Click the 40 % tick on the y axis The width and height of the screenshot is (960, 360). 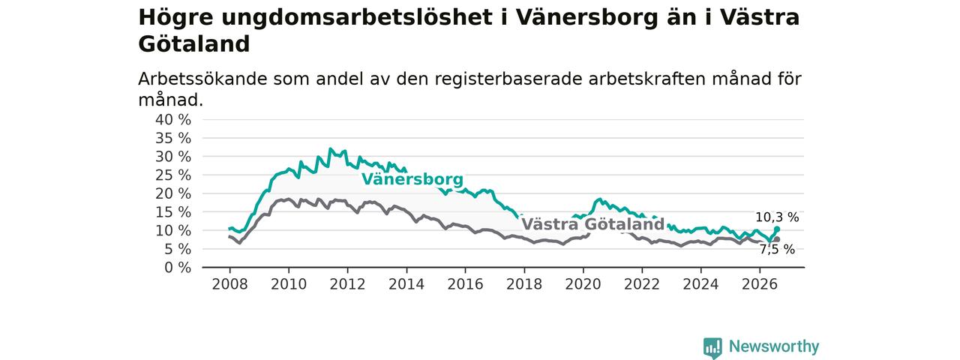(173, 120)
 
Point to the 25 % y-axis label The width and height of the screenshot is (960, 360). (173, 175)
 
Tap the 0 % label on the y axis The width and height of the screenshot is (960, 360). (178, 268)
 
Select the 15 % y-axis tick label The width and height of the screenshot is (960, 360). (173, 212)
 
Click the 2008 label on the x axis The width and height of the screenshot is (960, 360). (229, 284)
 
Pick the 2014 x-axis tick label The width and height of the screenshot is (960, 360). (406, 284)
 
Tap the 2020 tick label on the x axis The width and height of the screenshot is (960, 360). (583, 284)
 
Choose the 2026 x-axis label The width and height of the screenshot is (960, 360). (760, 284)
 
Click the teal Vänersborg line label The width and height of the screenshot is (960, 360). (412, 179)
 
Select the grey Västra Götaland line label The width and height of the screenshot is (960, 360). (593, 224)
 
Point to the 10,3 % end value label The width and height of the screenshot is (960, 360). (777, 217)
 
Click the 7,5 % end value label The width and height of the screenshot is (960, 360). (778, 250)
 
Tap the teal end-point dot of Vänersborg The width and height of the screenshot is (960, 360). (777, 229)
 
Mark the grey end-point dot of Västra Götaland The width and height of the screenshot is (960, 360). (777, 239)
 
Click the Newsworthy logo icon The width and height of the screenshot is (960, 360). (712, 347)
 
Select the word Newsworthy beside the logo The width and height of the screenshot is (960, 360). (774, 346)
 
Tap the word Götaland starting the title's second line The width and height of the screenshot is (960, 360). (193, 44)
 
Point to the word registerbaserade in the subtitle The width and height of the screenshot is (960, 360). (508, 79)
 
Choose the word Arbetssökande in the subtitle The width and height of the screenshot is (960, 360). (202, 79)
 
